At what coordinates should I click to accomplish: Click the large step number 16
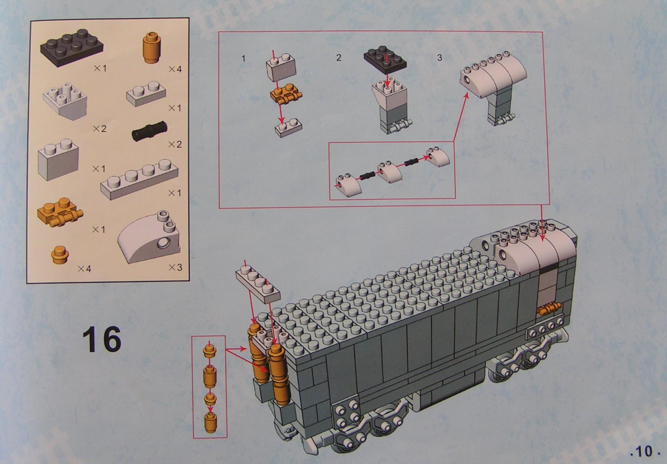tap(102, 339)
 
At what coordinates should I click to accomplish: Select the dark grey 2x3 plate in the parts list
tap(72, 47)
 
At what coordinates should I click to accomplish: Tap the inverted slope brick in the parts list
tap(66, 103)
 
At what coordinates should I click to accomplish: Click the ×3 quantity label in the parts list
tap(175, 268)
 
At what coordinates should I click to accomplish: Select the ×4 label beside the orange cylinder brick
tap(175, 69)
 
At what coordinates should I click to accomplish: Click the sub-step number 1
tap(244, 58)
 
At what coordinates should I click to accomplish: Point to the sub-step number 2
tap(339, 57)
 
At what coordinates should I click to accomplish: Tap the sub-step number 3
tap(439, 58)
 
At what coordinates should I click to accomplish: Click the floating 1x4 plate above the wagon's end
tap(258, 284)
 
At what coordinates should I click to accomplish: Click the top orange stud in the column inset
tap(209, 351)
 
